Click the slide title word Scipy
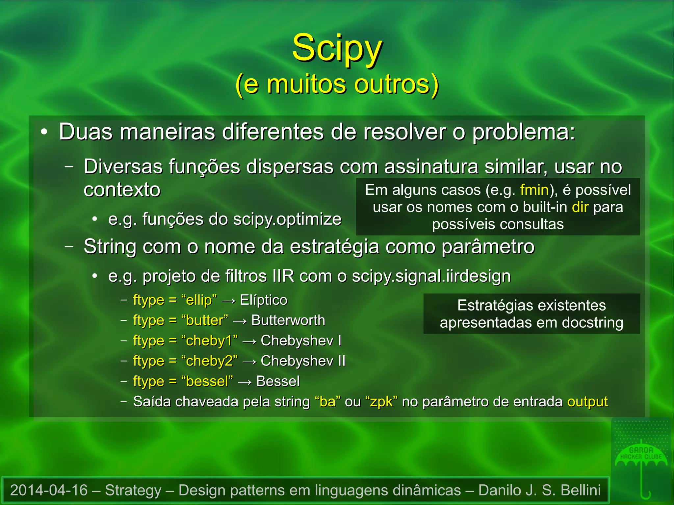337,49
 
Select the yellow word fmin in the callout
534,190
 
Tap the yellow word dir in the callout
580,207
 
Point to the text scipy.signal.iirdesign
431,276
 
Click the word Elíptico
264,300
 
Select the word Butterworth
288,320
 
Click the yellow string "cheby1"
209,341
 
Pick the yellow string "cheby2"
209,361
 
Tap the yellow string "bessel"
207,381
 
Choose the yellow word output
587,402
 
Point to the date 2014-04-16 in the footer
49,490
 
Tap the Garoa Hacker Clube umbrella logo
641,461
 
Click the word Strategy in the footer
133,490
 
